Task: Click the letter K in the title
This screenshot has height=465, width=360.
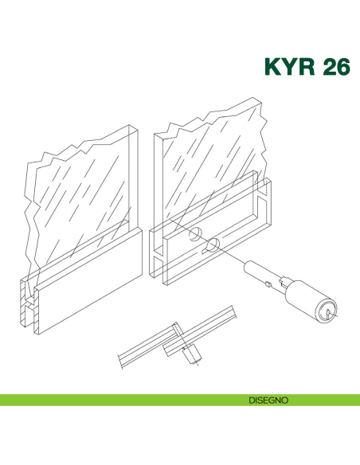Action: [x=272, y=66]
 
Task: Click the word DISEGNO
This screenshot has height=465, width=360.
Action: [x=268, y=401]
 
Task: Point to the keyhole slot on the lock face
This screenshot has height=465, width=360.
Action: [x=328, y=312]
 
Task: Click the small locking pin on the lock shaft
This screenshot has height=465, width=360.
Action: [x=268, y=284]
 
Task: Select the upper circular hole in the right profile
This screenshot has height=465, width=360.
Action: [x=195, y=234]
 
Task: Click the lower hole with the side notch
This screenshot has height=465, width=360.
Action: [x=212, y=245]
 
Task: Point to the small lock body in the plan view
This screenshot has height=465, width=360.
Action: [x=192, y=354]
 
